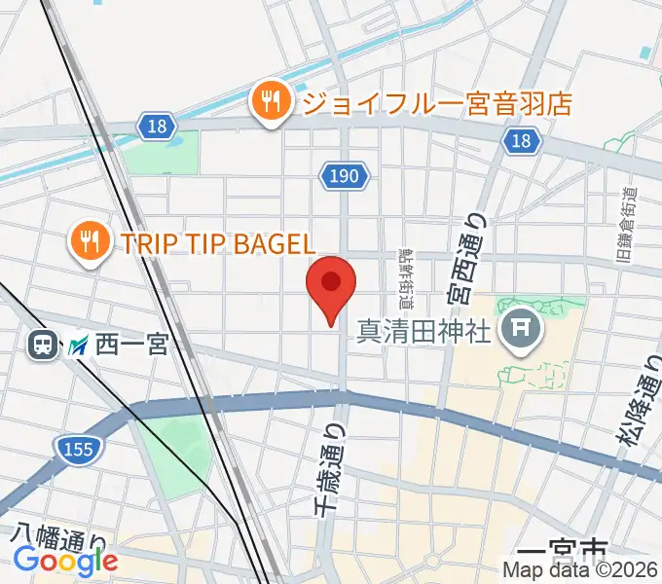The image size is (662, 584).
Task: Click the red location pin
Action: [x=331, y=285]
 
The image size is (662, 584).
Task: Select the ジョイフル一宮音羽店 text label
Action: [x=436, y=102]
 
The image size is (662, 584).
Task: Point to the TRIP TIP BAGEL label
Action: [x=218, y=243]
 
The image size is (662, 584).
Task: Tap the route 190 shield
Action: [x=346, y=175]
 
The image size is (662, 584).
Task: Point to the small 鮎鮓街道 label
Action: [x=402, y=273]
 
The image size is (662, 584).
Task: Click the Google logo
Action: [x=64, y=562]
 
